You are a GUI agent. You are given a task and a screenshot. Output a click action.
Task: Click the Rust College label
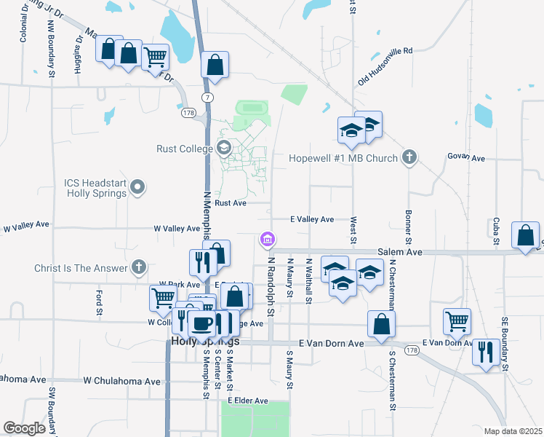185,149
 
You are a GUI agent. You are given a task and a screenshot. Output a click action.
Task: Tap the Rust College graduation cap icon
224,149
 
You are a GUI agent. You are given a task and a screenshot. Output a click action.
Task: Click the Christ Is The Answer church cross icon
140,267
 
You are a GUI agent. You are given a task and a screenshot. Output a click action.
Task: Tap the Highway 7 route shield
209,97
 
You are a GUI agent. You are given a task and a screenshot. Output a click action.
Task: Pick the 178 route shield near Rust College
189,114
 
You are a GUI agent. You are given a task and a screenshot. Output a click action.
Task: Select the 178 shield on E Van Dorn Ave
412,350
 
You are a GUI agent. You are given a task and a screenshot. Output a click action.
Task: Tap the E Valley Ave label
312,219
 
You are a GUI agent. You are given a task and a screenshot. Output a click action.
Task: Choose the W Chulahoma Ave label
121,381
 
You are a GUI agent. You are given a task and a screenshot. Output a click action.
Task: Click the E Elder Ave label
248,401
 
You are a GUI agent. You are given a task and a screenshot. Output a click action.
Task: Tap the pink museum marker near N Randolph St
267,239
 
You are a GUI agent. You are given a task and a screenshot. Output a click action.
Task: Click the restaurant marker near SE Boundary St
483,351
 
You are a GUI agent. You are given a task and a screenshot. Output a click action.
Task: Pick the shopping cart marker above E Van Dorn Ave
457,320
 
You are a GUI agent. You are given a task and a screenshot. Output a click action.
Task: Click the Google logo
25,428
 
